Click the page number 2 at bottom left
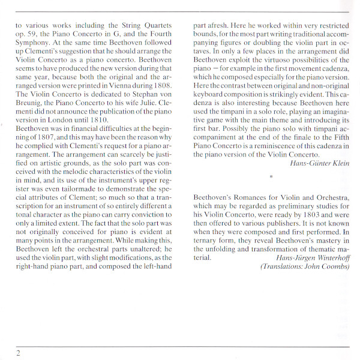coord(19,353)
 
